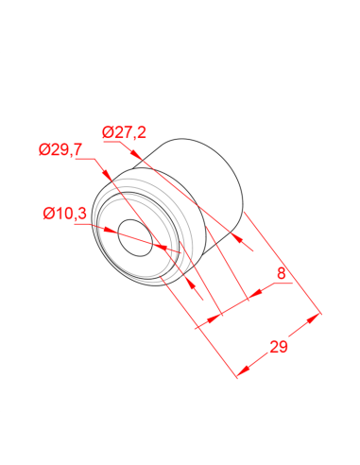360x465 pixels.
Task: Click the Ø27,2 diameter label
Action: (124, 132)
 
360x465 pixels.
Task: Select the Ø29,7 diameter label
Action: (60, 149)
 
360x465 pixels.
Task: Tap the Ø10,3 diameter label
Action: (64, 214)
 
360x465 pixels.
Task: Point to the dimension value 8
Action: (282, 273)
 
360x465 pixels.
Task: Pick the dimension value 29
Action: (279, 347)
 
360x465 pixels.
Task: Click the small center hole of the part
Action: (135, 237)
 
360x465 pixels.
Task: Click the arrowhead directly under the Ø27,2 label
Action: (135, 154)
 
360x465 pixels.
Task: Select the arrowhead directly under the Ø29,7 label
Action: (106, 175)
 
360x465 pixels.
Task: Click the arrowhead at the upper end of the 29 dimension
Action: (313, 319)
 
